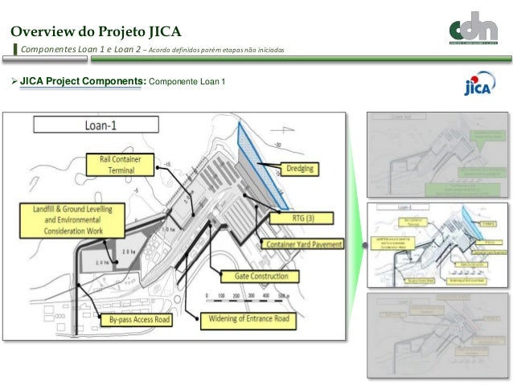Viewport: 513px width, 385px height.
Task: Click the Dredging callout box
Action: [302, 170]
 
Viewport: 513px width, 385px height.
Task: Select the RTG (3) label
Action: [290, 217]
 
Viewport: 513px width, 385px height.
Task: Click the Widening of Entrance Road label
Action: [247, 319]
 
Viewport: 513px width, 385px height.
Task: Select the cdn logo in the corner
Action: [478, 30]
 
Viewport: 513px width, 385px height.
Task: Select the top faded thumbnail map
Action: [437, 155]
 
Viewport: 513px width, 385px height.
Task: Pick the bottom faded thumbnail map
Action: [437, 329]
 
